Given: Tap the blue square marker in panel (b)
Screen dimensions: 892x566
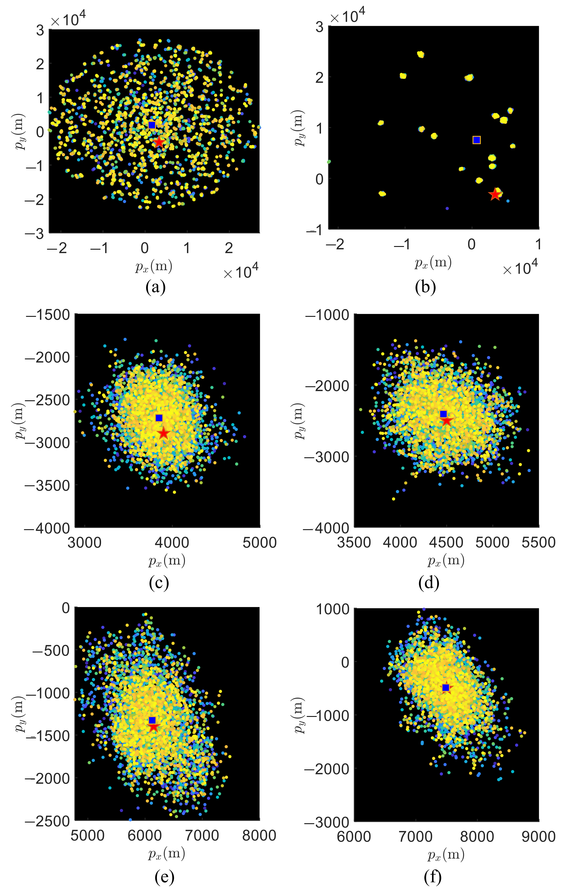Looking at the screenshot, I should tap(476, 140).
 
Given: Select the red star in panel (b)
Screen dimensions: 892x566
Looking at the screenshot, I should tap(495, 194).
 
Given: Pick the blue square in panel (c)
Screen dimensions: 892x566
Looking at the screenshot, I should tap(159, 418).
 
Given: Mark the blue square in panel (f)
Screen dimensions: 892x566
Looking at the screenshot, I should tap(446, 688).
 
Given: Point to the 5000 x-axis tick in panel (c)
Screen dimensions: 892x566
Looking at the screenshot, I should tap(259, 543).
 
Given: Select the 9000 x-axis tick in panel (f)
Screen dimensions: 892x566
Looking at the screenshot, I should tap(539, 836).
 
